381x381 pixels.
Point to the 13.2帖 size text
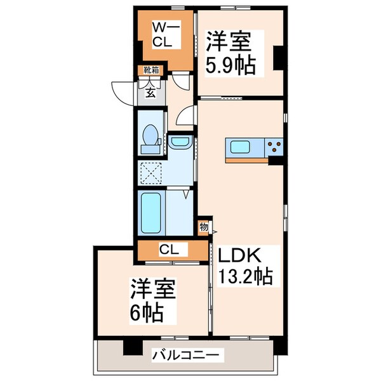pos(246,277)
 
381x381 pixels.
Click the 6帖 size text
pos(147,311)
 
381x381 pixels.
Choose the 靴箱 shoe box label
pos(152,70)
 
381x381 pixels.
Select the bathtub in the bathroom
pos(153,214)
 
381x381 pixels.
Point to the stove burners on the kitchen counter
pos(275,147)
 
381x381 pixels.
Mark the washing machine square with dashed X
pos(152,173)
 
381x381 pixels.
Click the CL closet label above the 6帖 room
pos(169,249)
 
